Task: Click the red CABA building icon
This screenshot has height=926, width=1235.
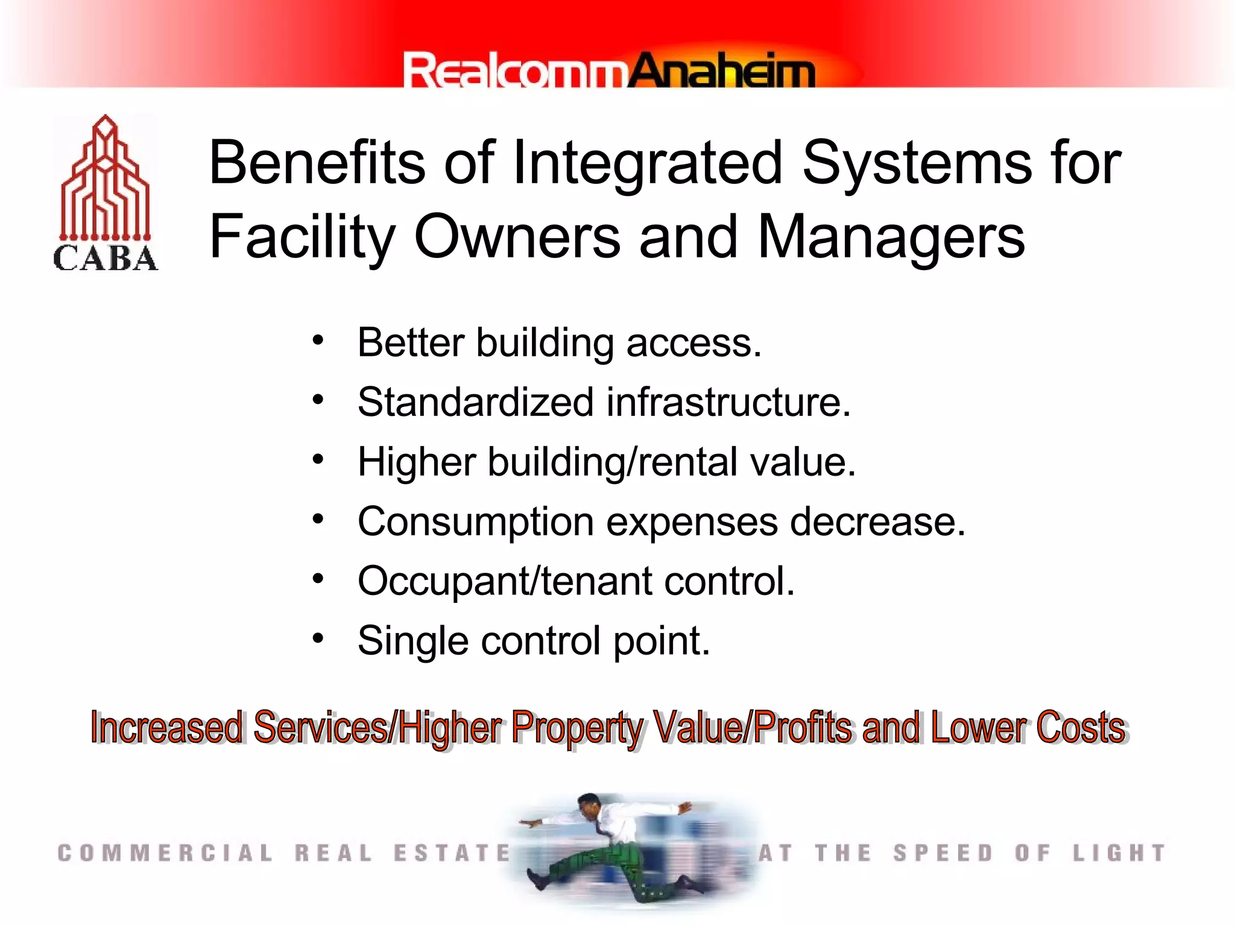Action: pyautogui.click(x=106, y=181)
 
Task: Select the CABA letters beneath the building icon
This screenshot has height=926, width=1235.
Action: pyautogui.click(x=106, y=259)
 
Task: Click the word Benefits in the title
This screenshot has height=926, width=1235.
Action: pyautogui.click(x=317, y=163)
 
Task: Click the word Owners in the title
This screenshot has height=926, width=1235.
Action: pyautogui.click(x=517, y=237)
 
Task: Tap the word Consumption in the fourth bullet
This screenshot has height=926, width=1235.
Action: pyautogui.click(x=476, y=521)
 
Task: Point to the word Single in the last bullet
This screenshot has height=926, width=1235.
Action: pyautogui.click(x=413, y=641)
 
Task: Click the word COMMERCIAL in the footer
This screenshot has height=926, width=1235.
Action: pyautogui.click(x=165, y=853)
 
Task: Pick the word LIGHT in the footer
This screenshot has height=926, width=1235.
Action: pyautogui.click(x=1119, y=853)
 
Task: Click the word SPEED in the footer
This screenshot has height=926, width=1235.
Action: pyautogui.click(x=943, y=853)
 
